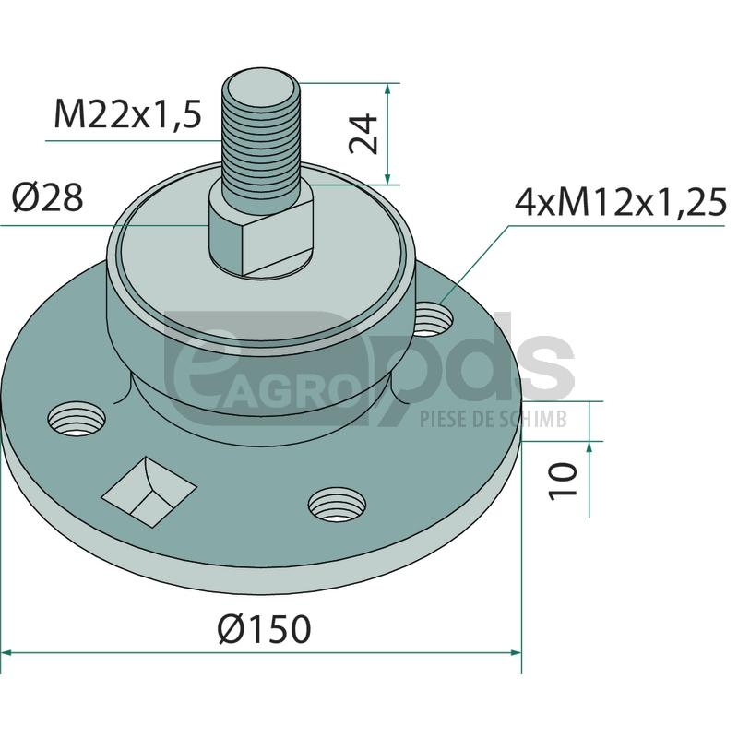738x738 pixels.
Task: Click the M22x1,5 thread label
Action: coord(128,114)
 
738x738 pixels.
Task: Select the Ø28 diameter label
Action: coord(48,197)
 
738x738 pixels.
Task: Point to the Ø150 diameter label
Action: coord(265,629)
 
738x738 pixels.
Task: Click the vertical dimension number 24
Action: coord(363,134)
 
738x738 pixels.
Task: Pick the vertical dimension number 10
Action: coord(563,481)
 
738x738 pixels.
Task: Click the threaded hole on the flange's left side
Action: coord(77,419)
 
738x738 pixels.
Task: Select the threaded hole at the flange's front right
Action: coord(337,505)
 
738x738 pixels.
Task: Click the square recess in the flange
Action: coord(149,492)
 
